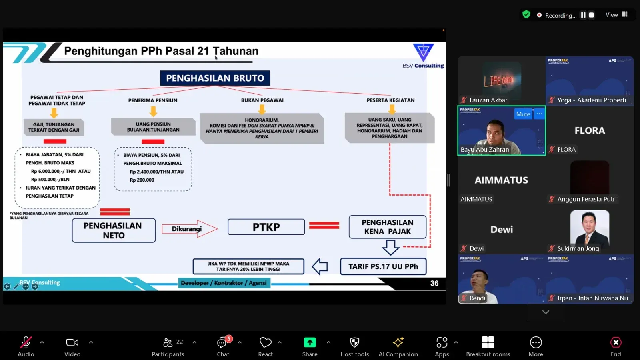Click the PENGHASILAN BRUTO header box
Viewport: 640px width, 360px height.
215,78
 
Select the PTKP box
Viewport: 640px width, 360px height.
266,227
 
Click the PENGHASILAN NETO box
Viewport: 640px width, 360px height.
114,230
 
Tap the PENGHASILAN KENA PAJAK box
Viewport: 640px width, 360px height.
387,227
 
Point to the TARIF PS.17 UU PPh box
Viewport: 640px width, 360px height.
383,266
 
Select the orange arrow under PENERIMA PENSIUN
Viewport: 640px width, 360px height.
153,111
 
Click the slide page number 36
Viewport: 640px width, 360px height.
434,283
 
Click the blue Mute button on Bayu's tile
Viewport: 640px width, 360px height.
523,114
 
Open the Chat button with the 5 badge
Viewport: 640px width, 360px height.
222,343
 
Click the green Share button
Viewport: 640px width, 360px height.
310,342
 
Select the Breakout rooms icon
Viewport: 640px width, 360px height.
488,342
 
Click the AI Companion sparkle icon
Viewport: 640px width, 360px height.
398,342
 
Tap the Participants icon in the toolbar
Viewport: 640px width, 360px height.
168,342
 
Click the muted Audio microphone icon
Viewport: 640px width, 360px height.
26,342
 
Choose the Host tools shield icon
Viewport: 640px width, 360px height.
354,342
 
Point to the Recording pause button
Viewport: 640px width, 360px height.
583,15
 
